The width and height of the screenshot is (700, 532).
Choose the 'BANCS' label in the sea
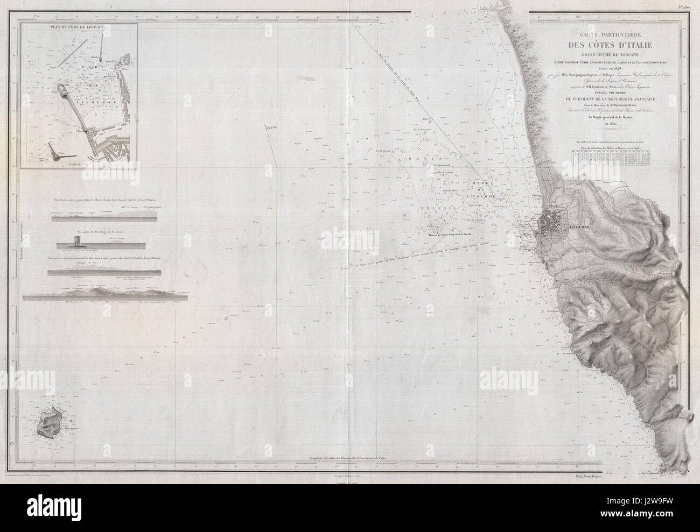[x=415, y=160]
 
